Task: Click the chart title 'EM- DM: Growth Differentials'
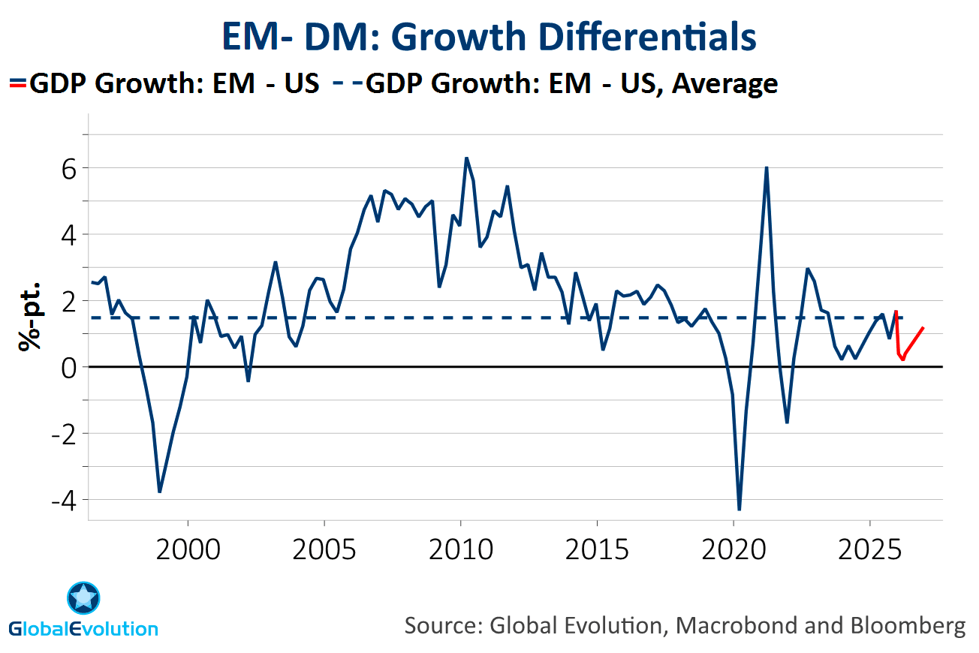(x=489, y=37)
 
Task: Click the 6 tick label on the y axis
(x=68, y=168)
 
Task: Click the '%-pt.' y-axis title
(x=29, y=317)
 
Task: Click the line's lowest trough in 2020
(x=740, y=510)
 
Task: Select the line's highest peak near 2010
(x=466, y=158)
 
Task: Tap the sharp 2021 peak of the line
(x=767, y=167)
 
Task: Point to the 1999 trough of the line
(x=160, y=492)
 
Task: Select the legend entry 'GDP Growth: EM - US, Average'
(x=571, y=83)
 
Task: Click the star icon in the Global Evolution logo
(x=83, y=598)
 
